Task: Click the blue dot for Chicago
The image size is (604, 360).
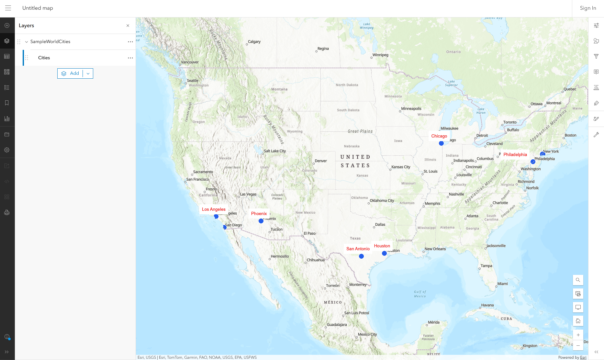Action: [441, 143]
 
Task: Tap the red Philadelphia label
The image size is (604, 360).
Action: [515, 154]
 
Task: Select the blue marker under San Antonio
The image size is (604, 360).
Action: [361, 256]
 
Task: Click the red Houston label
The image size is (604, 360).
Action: [382, 246]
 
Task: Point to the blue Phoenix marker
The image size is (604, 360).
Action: [261, 221]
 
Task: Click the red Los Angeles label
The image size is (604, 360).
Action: [214, 209]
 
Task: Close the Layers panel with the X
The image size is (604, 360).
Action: [128, 26]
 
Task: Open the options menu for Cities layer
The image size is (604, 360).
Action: [130, 58]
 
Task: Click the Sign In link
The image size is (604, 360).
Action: [588, 8]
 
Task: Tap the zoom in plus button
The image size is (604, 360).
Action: [578, 335]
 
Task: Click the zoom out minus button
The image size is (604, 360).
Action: [578, 345]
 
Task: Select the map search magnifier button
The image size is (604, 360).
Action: [578, 280]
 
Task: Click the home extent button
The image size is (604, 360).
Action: [578, 321]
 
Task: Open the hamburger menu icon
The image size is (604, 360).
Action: [8, 8]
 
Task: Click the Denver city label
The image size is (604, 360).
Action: [321, 161]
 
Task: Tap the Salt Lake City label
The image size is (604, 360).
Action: [275, 151]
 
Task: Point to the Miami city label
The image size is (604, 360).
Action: [502, 284]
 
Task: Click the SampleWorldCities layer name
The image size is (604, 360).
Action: [50, 41]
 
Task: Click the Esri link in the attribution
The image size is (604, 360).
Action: [583, 357]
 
